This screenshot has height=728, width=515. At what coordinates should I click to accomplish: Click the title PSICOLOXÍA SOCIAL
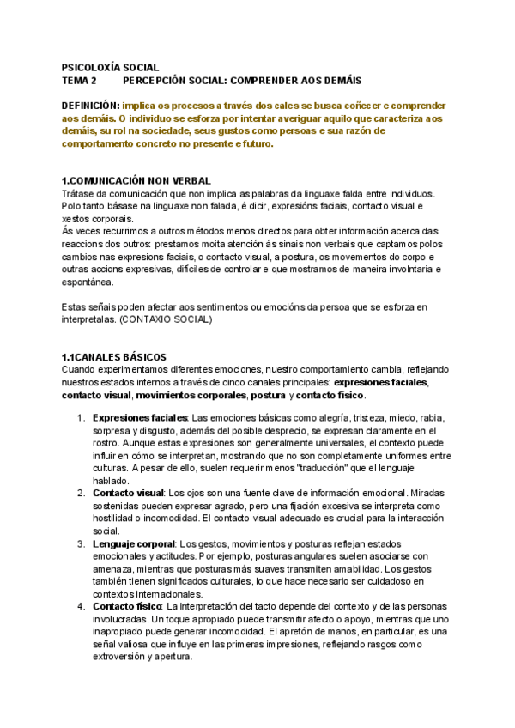coord(110,65)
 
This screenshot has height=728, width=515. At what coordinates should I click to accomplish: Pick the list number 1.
coord(80,417)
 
